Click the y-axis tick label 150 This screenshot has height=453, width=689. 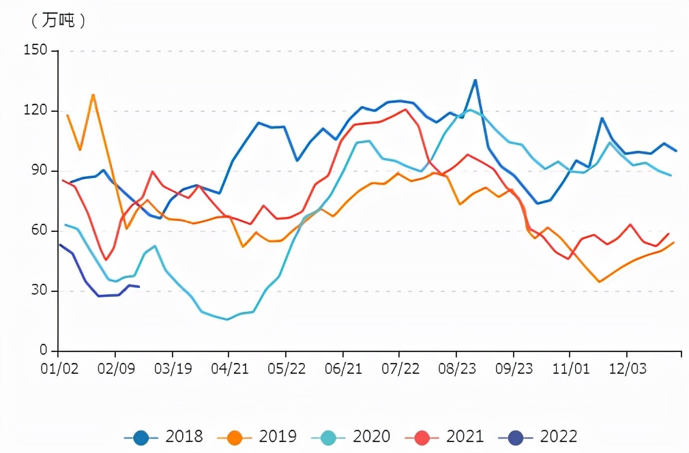(x=35, y=50)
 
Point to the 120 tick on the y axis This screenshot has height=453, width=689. (x=35, y=111)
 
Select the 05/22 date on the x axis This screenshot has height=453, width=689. (x=286, y=368)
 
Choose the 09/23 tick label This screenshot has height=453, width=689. (x=513, y=368)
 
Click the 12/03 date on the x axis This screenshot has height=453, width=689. (x=627, y=368)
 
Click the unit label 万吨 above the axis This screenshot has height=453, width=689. (x=59, y=21)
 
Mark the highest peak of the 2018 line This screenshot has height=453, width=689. (x=475, y=80)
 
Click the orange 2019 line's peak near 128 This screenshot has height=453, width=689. (x=93, y=95)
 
